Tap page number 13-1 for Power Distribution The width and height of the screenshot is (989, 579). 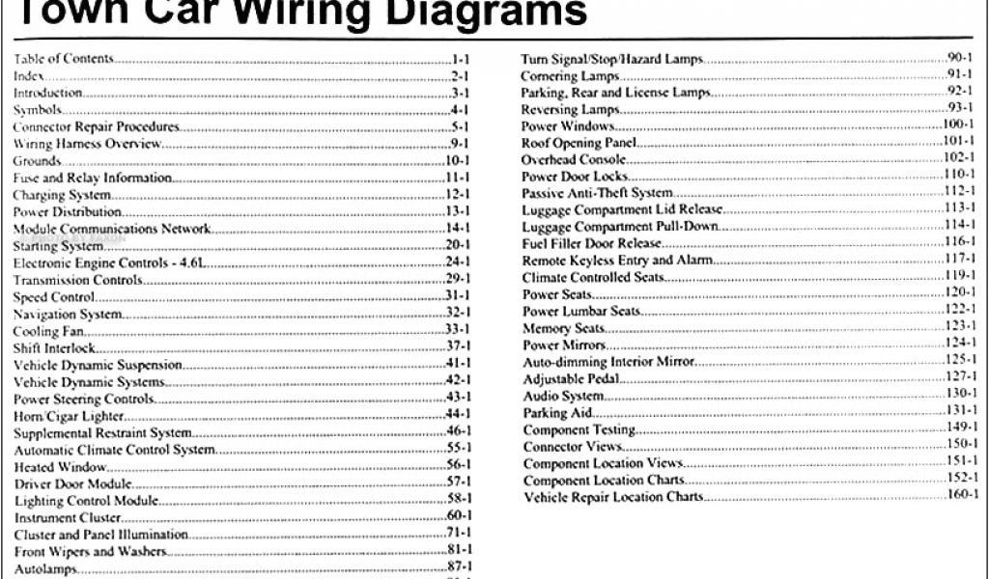(456, 212)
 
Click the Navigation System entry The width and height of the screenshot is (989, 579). (68, 315)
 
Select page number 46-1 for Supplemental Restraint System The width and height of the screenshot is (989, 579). (456, 432)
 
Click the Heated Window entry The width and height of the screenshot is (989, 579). (53, 466)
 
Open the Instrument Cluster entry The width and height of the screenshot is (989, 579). (60, 517)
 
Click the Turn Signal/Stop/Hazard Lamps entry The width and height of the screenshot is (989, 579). (611, 59)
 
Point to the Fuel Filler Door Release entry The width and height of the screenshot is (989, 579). (591, 244)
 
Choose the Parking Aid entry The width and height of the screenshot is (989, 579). (557, 413)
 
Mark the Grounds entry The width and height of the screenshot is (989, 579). (36, 160)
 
